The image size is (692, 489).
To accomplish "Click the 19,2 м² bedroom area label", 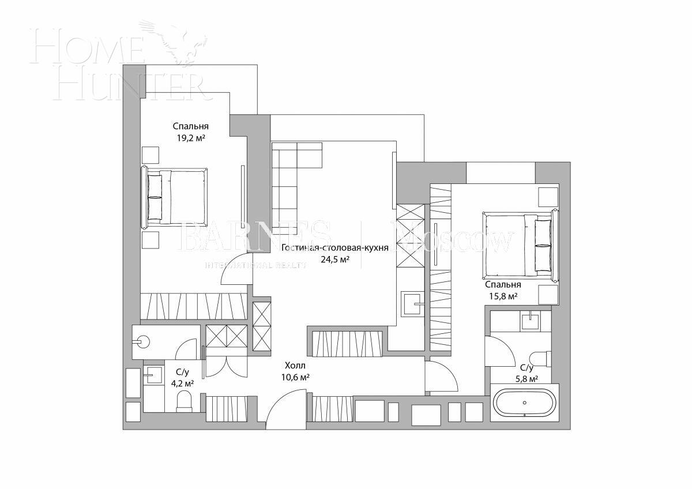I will pyautogui.click(x=190, y=138).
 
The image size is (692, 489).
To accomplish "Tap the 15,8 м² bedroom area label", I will pyautogui.click(x=503, y=296).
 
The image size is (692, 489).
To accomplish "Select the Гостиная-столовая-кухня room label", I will pyautogui.click(x=334, y=248).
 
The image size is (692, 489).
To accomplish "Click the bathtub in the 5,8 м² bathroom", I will pyautogui.click(x=524, y=403).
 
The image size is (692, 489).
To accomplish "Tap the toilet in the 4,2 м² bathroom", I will pyautogui.click(x=184, y=401).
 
